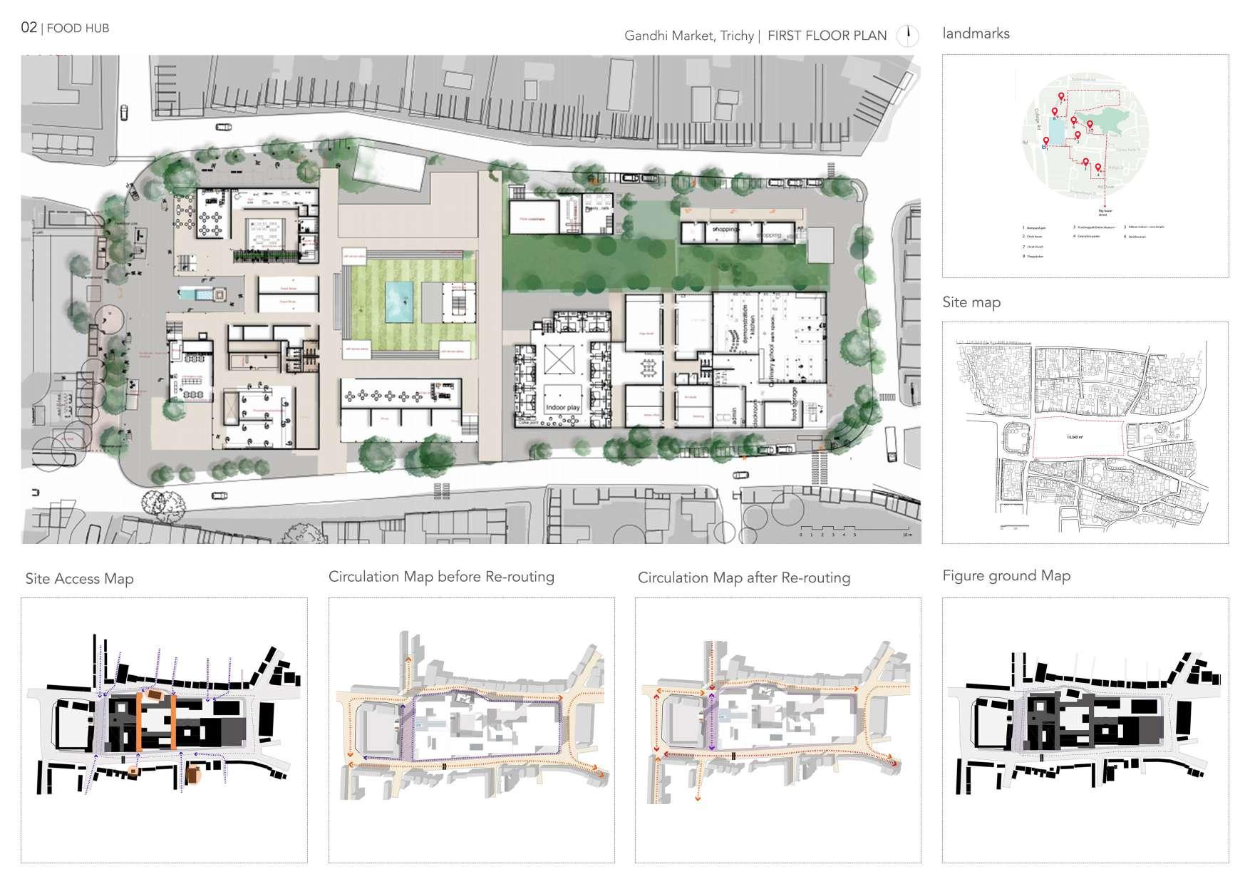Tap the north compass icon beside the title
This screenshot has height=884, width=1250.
coord(907,35)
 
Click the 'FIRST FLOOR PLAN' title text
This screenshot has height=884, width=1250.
coord(827,35)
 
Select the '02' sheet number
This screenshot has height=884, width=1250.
coord(29,28)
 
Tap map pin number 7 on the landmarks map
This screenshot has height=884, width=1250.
coord(1060,98)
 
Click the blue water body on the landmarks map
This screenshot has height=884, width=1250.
coord(1056,133)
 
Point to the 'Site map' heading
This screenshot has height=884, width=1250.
coord(971,302)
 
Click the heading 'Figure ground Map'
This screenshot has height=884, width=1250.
coord(1006,576)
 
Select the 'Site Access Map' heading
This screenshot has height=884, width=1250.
coord(79,579)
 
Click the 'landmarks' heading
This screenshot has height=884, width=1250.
coord(976,34)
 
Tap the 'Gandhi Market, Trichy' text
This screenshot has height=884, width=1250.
coord(688,36)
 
